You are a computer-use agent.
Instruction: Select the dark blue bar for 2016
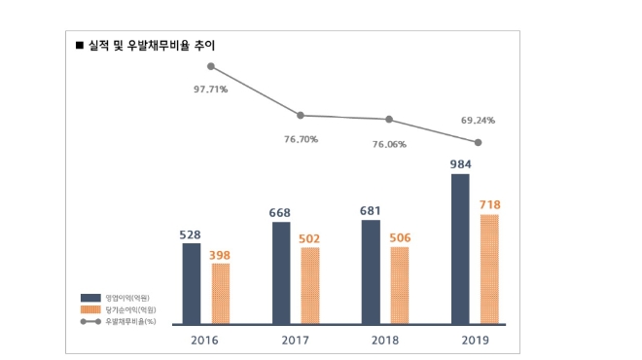coord(192,283)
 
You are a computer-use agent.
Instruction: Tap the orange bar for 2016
coord(221,293)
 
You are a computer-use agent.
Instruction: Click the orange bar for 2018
coord(400,284)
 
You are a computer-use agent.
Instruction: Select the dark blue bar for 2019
coord(460,248)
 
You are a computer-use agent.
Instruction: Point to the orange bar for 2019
coord(489,269)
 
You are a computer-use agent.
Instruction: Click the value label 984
coord(460,163)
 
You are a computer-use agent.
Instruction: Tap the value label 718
coord(489,204)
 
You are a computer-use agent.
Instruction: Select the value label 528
coord(192,234)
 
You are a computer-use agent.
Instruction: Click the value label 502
coord(310,237)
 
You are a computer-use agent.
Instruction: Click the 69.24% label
coord(478,121)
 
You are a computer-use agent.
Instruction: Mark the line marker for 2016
coord(211,66)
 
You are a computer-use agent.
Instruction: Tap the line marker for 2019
coord(478,142)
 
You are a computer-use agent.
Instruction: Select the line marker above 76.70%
coord(300,115)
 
